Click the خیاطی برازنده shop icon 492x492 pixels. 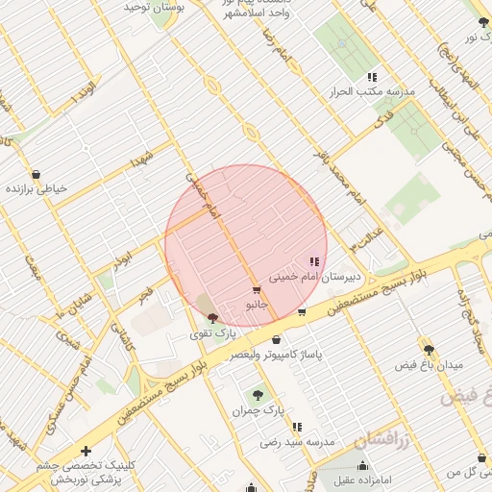(x=36, y=174)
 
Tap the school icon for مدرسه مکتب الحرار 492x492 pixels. (x=372, y=77)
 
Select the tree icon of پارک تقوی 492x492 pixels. (x=212, y=318)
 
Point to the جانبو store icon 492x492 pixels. (x=256, y=289)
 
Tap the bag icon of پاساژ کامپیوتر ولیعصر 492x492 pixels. (x=277, y=339)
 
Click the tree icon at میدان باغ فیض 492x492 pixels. (x=428, y=350)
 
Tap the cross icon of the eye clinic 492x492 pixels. (x=86, y=450)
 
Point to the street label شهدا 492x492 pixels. (x=143, y=159)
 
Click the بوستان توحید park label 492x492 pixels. (x=154, y=8)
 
